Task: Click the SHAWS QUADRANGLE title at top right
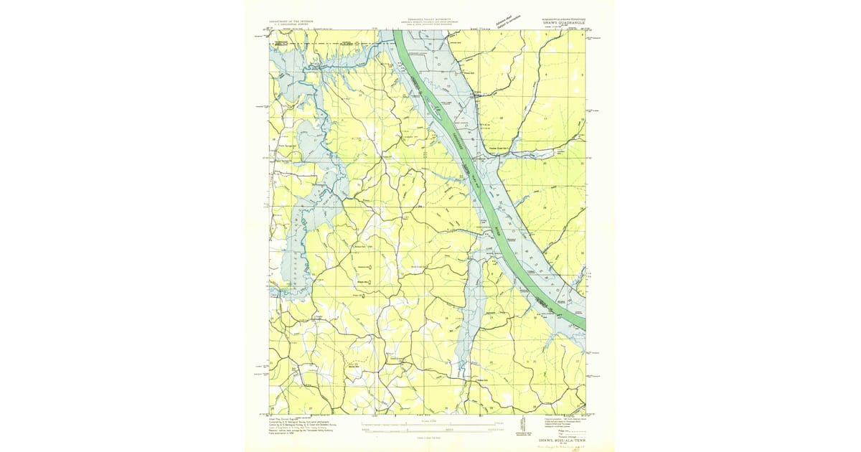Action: [563, 24]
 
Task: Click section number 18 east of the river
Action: [501, 117]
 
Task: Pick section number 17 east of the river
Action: [545, 117]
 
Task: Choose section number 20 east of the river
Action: [545, 163]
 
